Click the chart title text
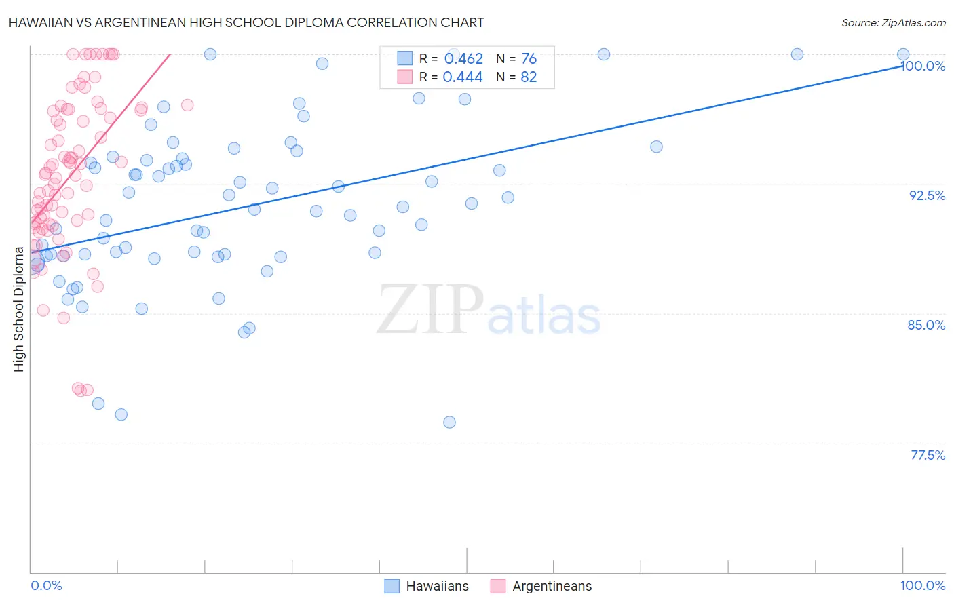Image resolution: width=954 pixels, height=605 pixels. tap(246, 22)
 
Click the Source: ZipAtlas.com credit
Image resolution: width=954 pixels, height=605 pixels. tap(893, 23)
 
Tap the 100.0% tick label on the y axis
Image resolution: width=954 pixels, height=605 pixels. tap(923, 66)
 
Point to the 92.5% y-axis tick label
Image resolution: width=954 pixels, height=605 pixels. tap(927, 195)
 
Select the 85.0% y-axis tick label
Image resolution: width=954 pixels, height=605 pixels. tap(926, 325)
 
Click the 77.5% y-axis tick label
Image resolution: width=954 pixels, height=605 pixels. tap(927, 455)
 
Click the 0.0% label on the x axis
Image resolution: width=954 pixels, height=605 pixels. tap(46, 585)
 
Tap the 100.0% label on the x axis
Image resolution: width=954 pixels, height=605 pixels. tap(922, 585)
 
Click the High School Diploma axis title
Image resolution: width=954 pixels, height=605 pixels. tap(19, 309)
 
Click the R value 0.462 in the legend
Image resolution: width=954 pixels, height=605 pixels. tap(463, 59)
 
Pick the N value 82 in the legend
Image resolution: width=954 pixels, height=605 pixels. tap(529, 77)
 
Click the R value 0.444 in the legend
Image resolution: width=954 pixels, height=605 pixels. tap(463, 77)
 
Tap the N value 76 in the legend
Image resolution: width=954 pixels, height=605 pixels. tap(529, 59)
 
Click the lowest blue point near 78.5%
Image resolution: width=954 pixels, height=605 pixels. tap(449, 422)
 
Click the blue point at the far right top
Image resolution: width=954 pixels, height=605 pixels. tap(903, 54)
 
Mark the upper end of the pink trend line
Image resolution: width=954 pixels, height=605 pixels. tap(170, 54)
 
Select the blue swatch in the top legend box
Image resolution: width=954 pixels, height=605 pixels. tap(405, 58)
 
